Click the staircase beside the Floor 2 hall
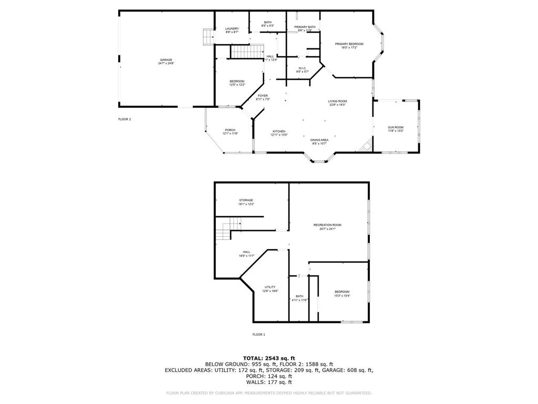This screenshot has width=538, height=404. [x=246, y=52]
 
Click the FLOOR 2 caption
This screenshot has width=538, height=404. [x=125, y=119]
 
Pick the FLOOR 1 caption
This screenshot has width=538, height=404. [x=258, y=335]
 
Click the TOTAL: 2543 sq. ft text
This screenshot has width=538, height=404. [x=268, y=358]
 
